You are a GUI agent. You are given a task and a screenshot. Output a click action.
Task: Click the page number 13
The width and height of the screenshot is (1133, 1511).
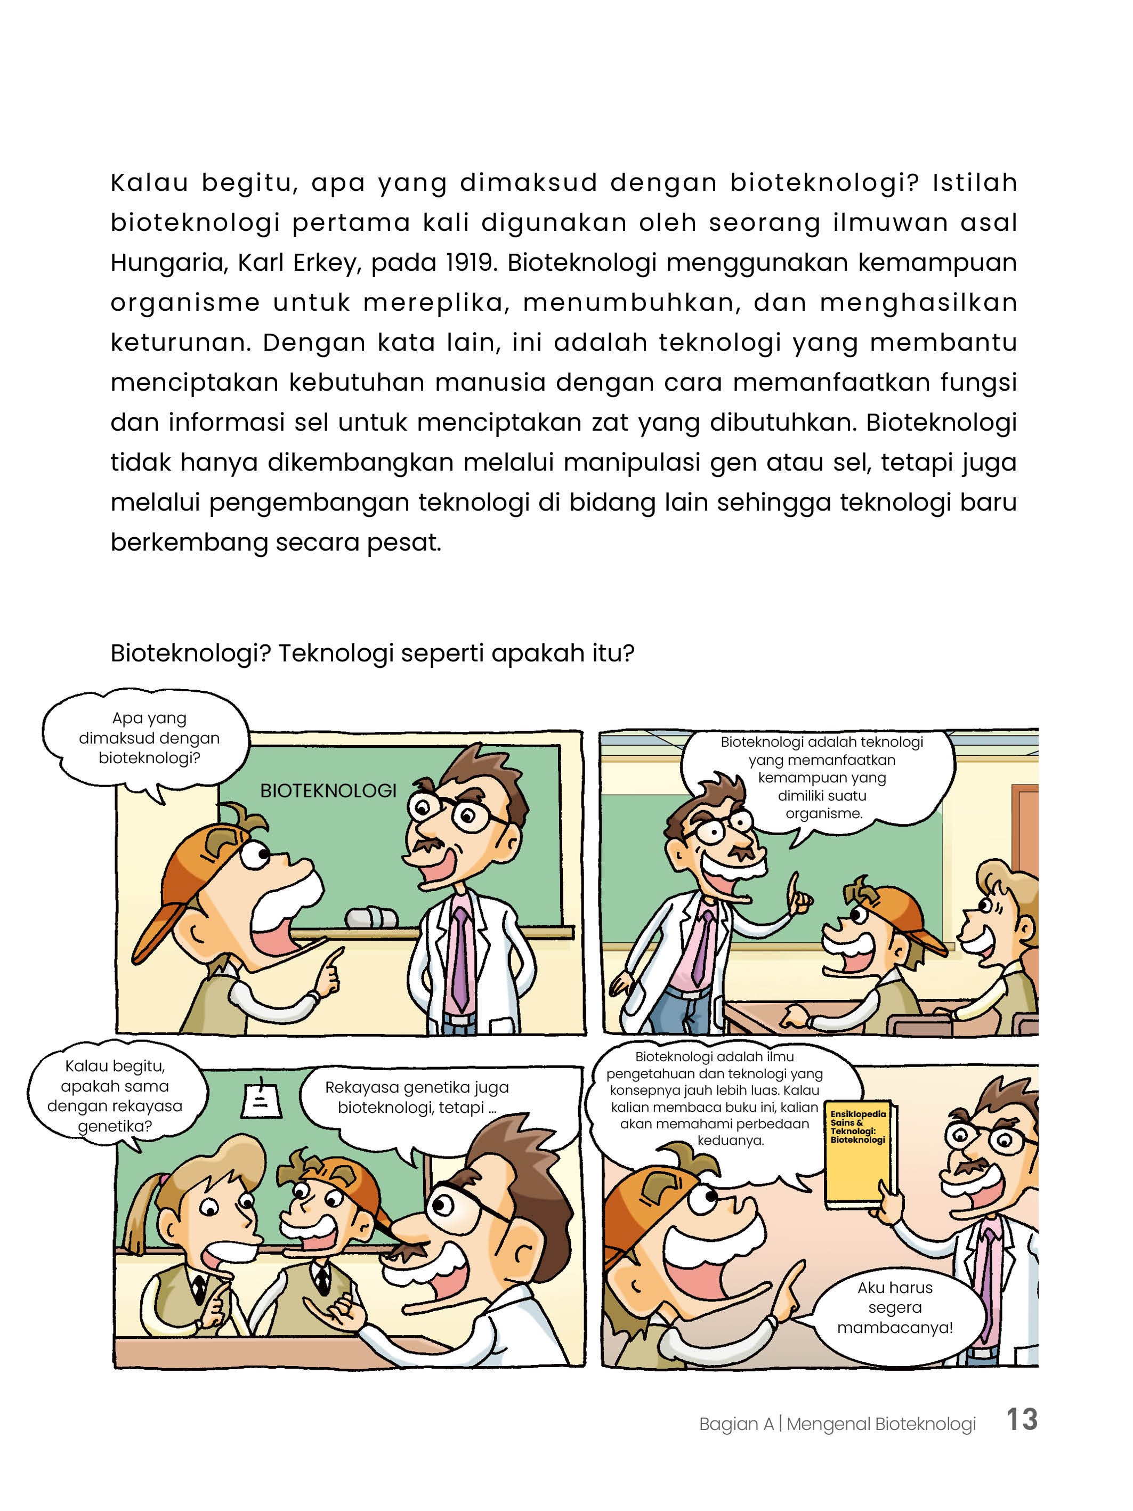pos(1021,1419)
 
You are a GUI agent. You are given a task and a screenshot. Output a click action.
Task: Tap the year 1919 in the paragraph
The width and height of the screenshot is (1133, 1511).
pos(470,262)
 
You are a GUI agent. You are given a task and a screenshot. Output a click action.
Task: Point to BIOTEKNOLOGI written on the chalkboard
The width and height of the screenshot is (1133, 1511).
pos(328,790)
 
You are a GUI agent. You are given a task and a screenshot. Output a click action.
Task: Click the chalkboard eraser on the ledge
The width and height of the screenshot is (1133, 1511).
pos(371,917)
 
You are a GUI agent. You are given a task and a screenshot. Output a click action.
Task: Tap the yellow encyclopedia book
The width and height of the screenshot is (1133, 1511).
pos(859,1154)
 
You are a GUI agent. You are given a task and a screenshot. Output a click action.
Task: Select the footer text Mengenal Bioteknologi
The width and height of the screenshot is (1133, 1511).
pos(880,1424)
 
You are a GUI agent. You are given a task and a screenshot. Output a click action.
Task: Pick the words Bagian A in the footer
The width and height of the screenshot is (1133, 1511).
pos(735,1424)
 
